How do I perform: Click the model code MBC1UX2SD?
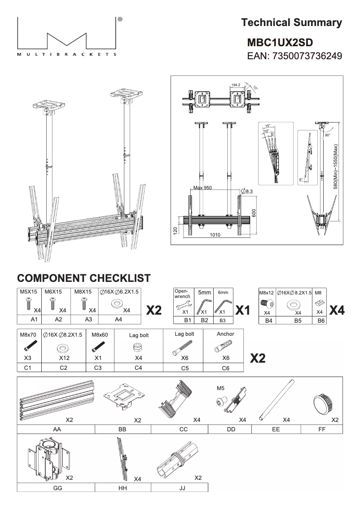pos(280,42)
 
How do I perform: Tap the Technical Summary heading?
pos(291,22)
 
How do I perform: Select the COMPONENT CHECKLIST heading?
pos(83,278)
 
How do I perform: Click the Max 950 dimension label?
pos(202,188)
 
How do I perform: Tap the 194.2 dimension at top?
pos(237,84)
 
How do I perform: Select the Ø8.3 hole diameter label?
pos(247,192)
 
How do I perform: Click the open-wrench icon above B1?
pos(184,304)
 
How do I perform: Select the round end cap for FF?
pos(323,401)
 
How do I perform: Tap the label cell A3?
pos(84,320)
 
